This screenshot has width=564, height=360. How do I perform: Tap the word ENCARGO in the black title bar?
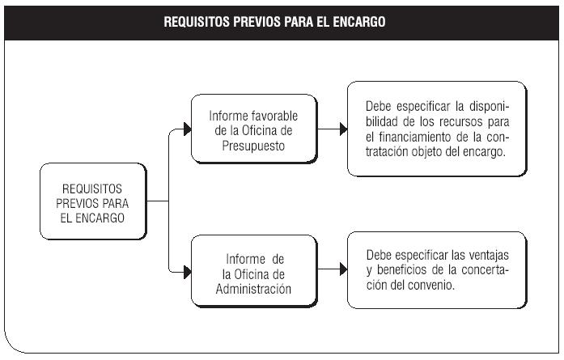point(359,22)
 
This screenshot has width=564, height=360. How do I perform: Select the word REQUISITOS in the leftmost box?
point(92,188)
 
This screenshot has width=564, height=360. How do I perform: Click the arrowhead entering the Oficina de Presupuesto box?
point(188,129)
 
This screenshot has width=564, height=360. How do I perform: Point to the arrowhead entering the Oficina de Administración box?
point(188,273)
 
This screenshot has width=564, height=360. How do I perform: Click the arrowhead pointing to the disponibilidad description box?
point(344,129)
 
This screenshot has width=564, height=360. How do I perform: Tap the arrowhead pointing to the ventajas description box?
point(344,269)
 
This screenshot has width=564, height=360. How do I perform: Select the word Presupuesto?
point(253,146)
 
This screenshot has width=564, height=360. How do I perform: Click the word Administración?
point(253,289)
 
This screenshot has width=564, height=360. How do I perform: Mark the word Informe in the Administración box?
point(246,259)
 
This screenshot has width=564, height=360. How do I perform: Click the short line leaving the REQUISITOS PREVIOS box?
point(158,201)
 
